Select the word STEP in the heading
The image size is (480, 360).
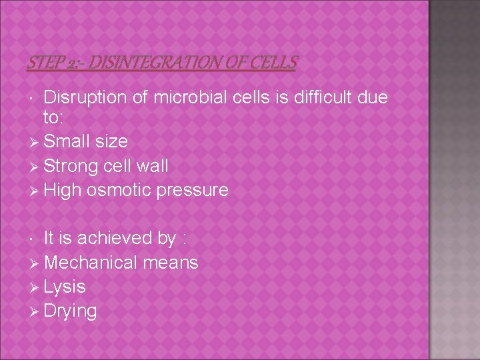click(x=43, y=63)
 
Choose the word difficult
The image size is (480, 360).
click(x=318, y=98)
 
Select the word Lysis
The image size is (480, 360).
click(x=65, y=287)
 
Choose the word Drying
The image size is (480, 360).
click(x=70, y=311)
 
